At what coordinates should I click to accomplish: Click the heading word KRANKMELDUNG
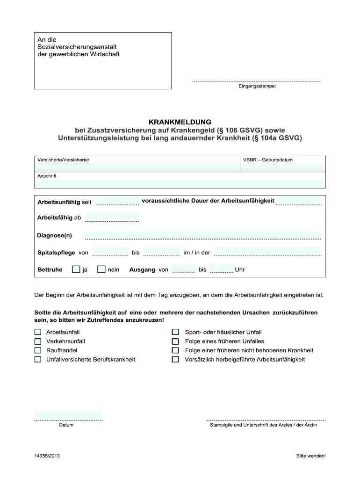point(180,122)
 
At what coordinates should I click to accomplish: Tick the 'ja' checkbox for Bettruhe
point(76,269)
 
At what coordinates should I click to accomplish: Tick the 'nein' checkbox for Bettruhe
point(101,269)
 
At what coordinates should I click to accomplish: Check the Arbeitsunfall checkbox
point(38,332)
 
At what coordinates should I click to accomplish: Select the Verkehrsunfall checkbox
point(38,341)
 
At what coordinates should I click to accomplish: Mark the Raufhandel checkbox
point(38,350)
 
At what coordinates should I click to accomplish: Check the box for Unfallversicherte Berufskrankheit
point(38,360)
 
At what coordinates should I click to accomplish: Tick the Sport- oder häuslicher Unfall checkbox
point(175,332)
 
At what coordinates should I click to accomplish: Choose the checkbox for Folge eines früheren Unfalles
point(175,341)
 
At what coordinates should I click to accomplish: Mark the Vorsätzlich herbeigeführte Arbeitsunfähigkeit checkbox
point(175,360)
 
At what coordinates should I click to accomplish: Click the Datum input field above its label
point(68,415)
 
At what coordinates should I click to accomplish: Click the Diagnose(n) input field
point(203,234)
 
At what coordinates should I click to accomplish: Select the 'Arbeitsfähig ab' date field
point(112,217)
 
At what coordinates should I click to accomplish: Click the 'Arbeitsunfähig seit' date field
point(117,201)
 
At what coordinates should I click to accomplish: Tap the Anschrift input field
point(180,183)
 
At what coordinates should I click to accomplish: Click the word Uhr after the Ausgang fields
point(240,270)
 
